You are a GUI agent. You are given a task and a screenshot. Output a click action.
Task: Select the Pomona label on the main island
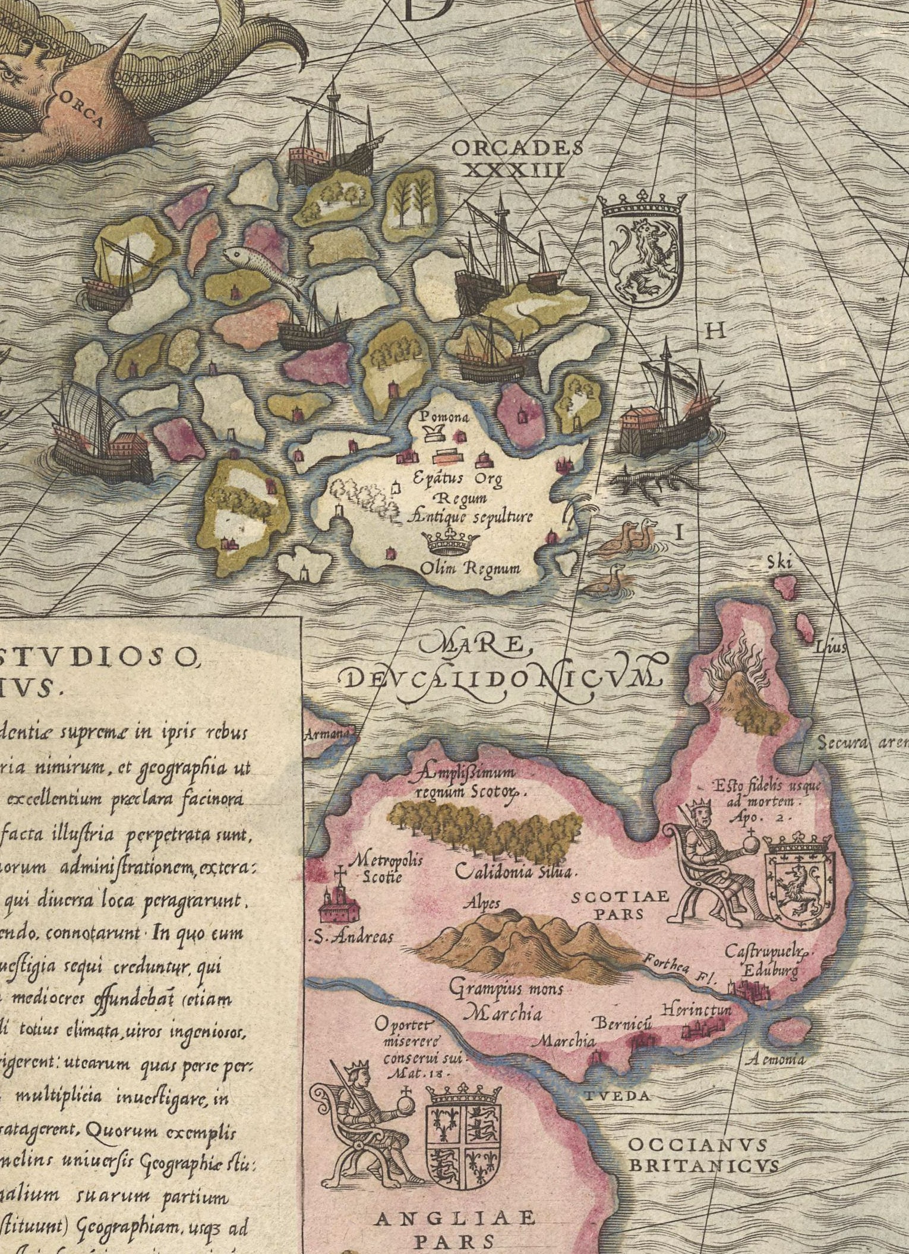pyautogui.click(x=444, y=417)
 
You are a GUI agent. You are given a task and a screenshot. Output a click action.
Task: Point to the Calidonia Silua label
pyautogui.click(x=515, y=872)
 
